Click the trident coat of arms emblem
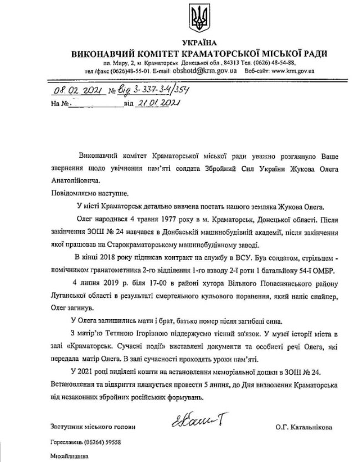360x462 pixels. (198, 19)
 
